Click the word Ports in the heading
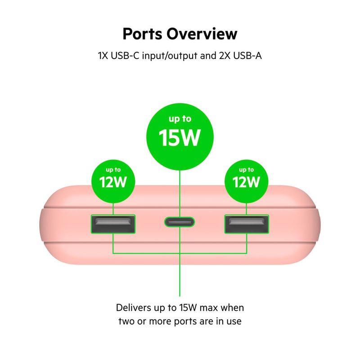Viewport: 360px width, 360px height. (142, 34)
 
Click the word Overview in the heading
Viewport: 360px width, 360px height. (202, 34)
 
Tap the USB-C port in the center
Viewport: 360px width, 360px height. (180, 222)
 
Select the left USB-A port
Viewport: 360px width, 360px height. (113, 224)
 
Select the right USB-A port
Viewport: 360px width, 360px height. (247, 224)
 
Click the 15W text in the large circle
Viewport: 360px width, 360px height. (180, 138)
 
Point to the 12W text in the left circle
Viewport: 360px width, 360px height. (113, 182)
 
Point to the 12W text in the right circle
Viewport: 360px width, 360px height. (246, 182)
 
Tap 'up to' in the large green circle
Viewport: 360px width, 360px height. (180, 119)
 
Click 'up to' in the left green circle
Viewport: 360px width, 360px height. (113, 170)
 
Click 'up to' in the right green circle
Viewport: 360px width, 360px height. (246, 170)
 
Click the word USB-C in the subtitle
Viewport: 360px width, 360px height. (125, 56)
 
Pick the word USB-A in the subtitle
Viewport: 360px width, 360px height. (247, 56)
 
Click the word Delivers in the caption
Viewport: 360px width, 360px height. (134, 308)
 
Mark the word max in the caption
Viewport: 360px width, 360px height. (209, 308)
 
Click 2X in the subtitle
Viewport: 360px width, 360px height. (225, 56)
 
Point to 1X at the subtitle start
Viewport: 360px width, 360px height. (103, 56)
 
